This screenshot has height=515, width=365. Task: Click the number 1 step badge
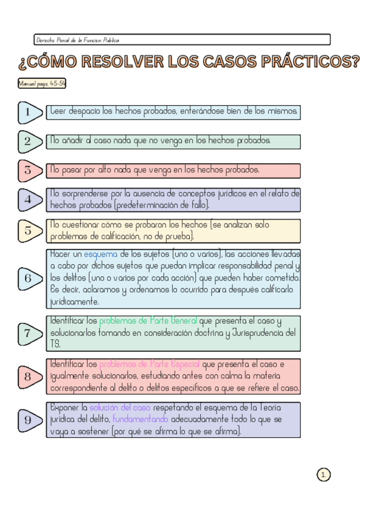(x=29, y=112)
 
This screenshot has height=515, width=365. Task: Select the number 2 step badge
(x=29, y=142)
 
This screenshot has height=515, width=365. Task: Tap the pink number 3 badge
(x=29, y=171)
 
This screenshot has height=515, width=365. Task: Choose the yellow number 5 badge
(x=29, y=231)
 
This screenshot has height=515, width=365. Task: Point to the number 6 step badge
(x=29, y=279)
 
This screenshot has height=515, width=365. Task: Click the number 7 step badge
(x=29, y=333)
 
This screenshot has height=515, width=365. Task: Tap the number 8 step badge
(x=29, y=377)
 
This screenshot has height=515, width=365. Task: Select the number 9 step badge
(x=29, y=420)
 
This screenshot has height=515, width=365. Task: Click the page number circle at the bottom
(x=324, y=475)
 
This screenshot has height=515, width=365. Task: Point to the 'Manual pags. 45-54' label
(x=42, y=83)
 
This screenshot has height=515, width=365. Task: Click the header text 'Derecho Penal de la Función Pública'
(x=77, y=39)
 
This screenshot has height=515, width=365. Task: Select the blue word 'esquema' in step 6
(x=100, y=254)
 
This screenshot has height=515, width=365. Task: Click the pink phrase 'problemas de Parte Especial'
(x=149, y=364)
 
